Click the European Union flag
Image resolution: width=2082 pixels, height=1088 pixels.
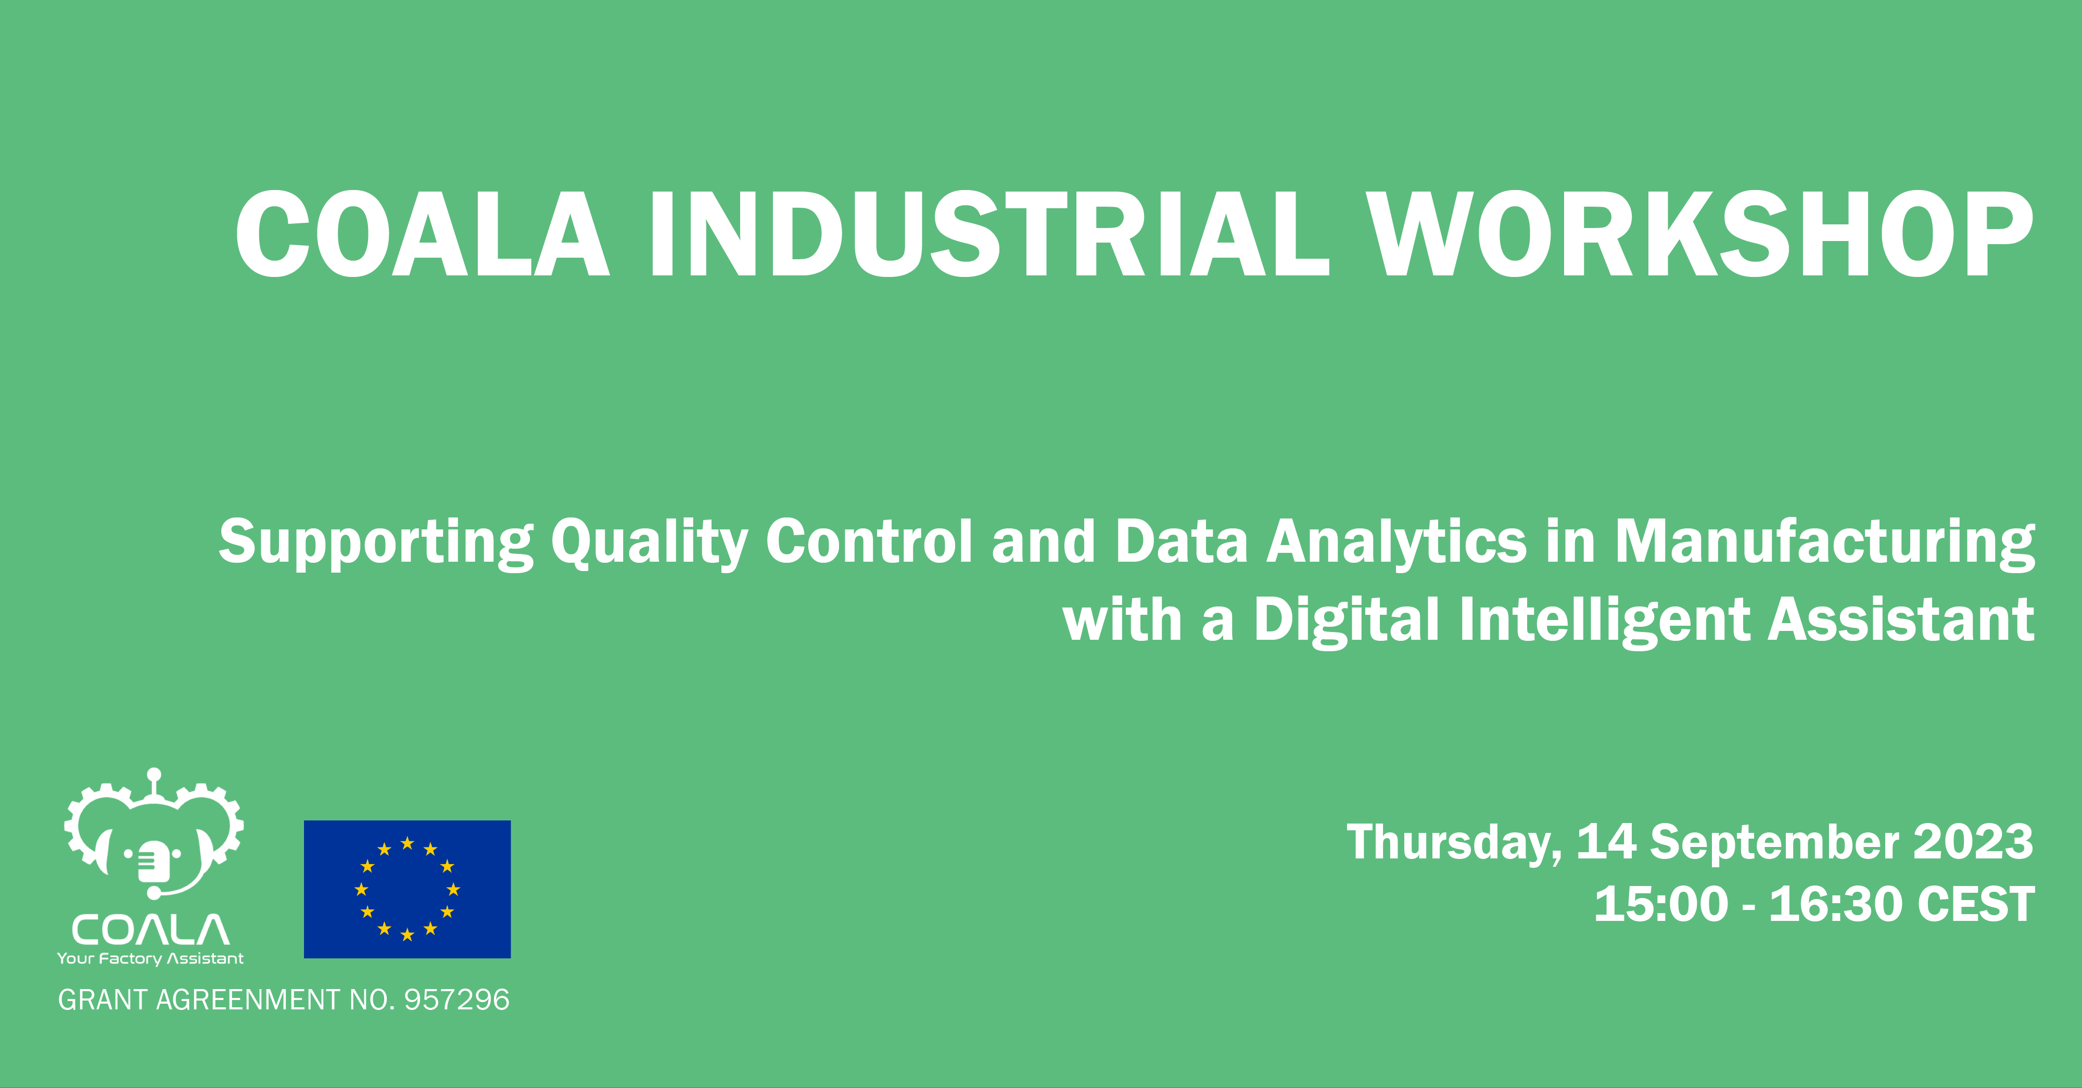(408, 889)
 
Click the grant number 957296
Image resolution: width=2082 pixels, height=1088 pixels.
(456, 1000)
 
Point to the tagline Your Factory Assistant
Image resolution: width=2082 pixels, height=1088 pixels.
(150, 959)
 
